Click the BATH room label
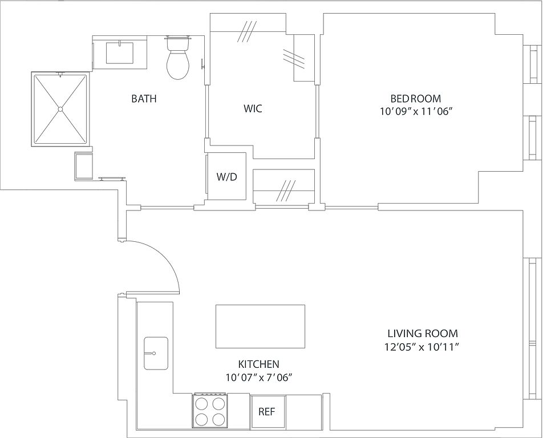point(144,99)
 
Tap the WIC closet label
point(253,108)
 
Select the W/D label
point(227,177)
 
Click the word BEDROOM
point(416,98)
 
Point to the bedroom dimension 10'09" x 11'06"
point(416,111)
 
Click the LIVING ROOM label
point(423,334)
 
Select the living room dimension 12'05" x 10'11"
point(422,347)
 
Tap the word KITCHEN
point(259,364)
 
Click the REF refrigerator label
point(267,412)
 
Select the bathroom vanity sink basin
point(119,53)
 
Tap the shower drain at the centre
point(60,109)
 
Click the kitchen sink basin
point(156,353)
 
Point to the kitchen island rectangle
point(261,326)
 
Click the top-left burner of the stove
point(201,403)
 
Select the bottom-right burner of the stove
point(219,420)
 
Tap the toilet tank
point(178,43)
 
